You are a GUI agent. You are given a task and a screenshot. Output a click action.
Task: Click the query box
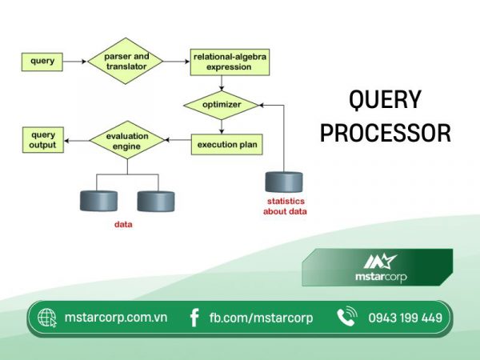[42, 61]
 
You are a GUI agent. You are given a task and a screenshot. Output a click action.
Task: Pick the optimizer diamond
[222, 104]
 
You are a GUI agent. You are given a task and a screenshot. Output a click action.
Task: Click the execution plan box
[227, 146]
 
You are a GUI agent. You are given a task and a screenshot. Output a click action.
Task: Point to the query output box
[42, 141]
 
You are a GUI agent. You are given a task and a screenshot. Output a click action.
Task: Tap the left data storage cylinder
[98, 201]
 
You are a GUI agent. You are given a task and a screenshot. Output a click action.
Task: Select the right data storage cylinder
[155, 201]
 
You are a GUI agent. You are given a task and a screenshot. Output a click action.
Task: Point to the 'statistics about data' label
[286, 206]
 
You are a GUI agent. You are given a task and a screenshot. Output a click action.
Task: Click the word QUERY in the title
[385, 100]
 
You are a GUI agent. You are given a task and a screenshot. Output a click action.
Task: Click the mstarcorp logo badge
[380, 267]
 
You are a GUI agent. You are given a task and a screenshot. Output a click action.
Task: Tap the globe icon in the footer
[48, 318]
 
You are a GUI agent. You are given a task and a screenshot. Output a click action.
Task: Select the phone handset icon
[346, 318]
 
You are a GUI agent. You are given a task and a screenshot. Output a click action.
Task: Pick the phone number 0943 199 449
[405, 318]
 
